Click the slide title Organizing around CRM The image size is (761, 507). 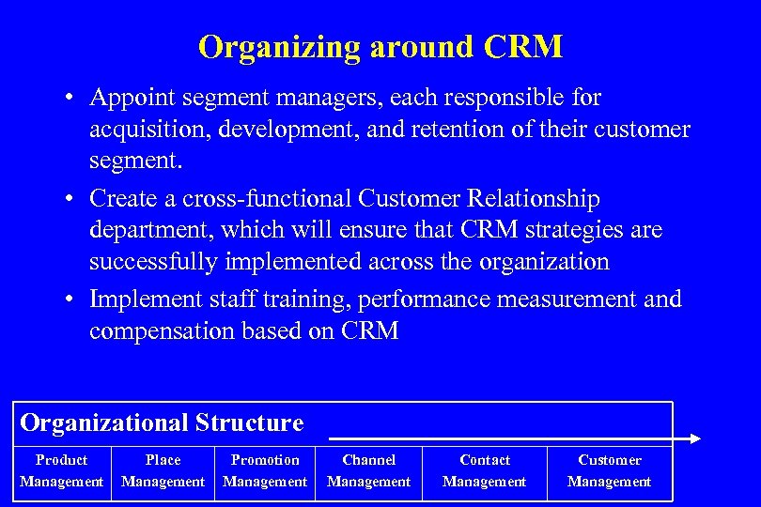coord(380,47)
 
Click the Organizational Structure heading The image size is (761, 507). coord(162,423)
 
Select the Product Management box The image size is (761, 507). coord(61,471)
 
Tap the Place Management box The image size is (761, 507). coord(163,471)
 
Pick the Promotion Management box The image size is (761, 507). coord(265,471)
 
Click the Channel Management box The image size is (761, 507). coord(368,471)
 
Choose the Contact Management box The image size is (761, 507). coord(485,471)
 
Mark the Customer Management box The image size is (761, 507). coord(610,471)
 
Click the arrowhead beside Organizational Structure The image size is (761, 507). coord(694,438)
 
